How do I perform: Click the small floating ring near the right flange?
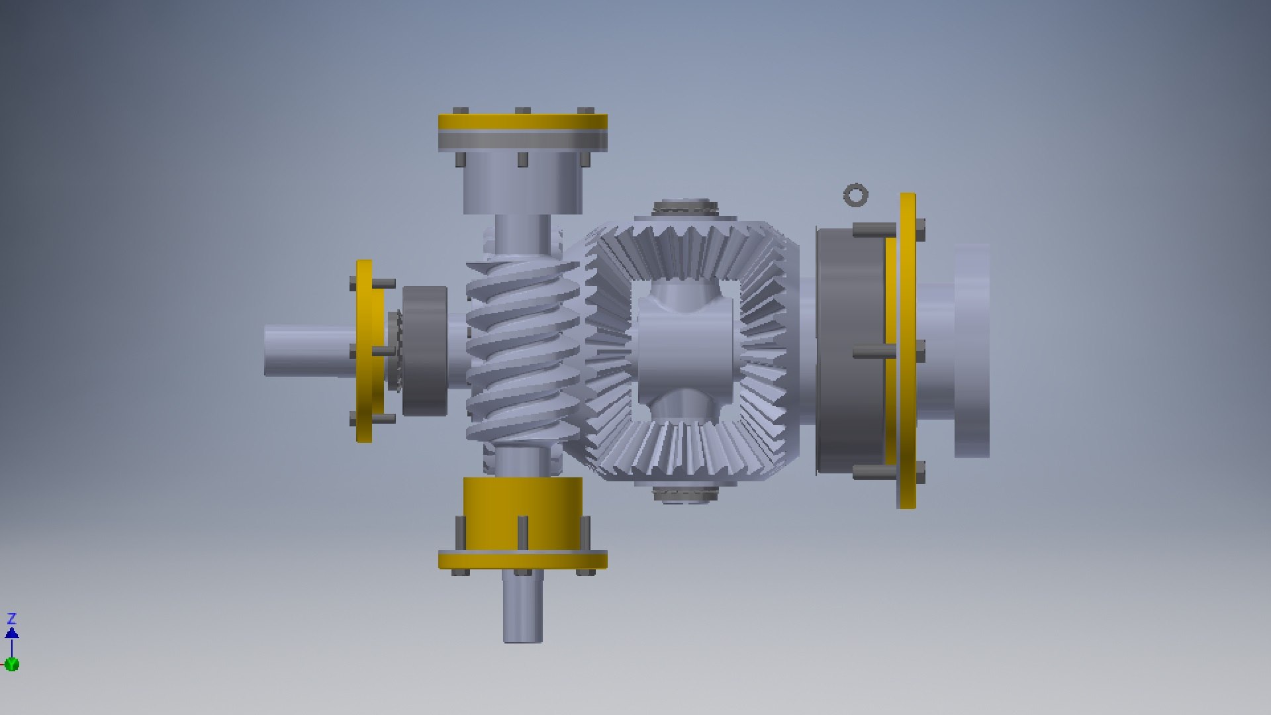[855, 195]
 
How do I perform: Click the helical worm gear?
[523, 351]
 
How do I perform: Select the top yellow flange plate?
[522, 122]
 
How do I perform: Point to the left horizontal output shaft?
[305, 351]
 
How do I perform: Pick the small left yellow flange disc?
[365, 351]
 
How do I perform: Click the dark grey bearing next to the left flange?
[424, 351]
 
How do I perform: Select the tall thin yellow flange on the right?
[907, 351]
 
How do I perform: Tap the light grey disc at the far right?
[971, 351]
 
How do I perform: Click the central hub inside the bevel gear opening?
[685, 351]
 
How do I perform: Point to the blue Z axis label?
[11, 619]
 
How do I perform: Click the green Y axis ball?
[11, 664]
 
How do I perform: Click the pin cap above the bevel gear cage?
[685, 207]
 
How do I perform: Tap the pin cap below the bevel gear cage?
[685, 494]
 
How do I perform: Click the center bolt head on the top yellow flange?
[522, 111]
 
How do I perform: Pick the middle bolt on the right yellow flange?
[919, 352]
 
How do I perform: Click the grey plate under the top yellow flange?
[522, 141]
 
